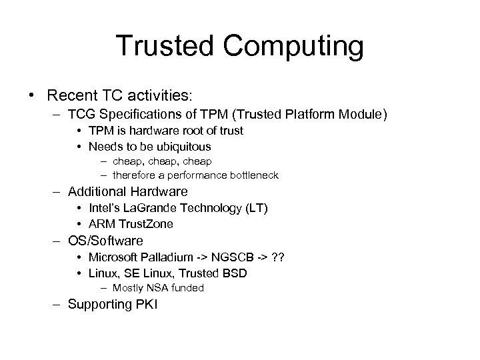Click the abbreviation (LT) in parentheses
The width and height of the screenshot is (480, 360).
[x=255, y=209]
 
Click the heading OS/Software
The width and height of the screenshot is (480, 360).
[x=105, y=241]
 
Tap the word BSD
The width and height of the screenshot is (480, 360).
[x=237, y=273]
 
